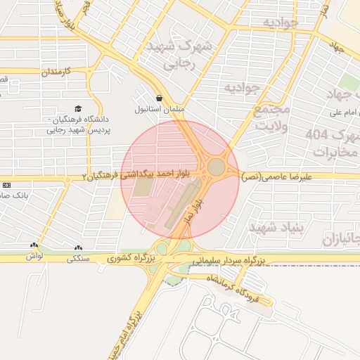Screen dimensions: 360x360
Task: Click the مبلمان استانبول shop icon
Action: [160, 99]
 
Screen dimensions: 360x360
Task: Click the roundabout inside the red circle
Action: [216, 167]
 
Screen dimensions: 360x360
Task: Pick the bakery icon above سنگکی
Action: [77, 247]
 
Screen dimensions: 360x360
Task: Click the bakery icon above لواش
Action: [34, 245]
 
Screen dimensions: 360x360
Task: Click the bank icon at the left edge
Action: [6, 184]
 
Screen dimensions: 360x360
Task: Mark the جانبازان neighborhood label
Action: [340, 239]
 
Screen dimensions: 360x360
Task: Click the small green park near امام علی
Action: [347, 82]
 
